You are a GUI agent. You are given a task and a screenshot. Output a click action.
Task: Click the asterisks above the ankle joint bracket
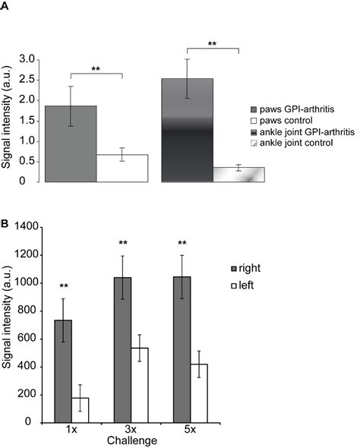pos(213,45)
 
